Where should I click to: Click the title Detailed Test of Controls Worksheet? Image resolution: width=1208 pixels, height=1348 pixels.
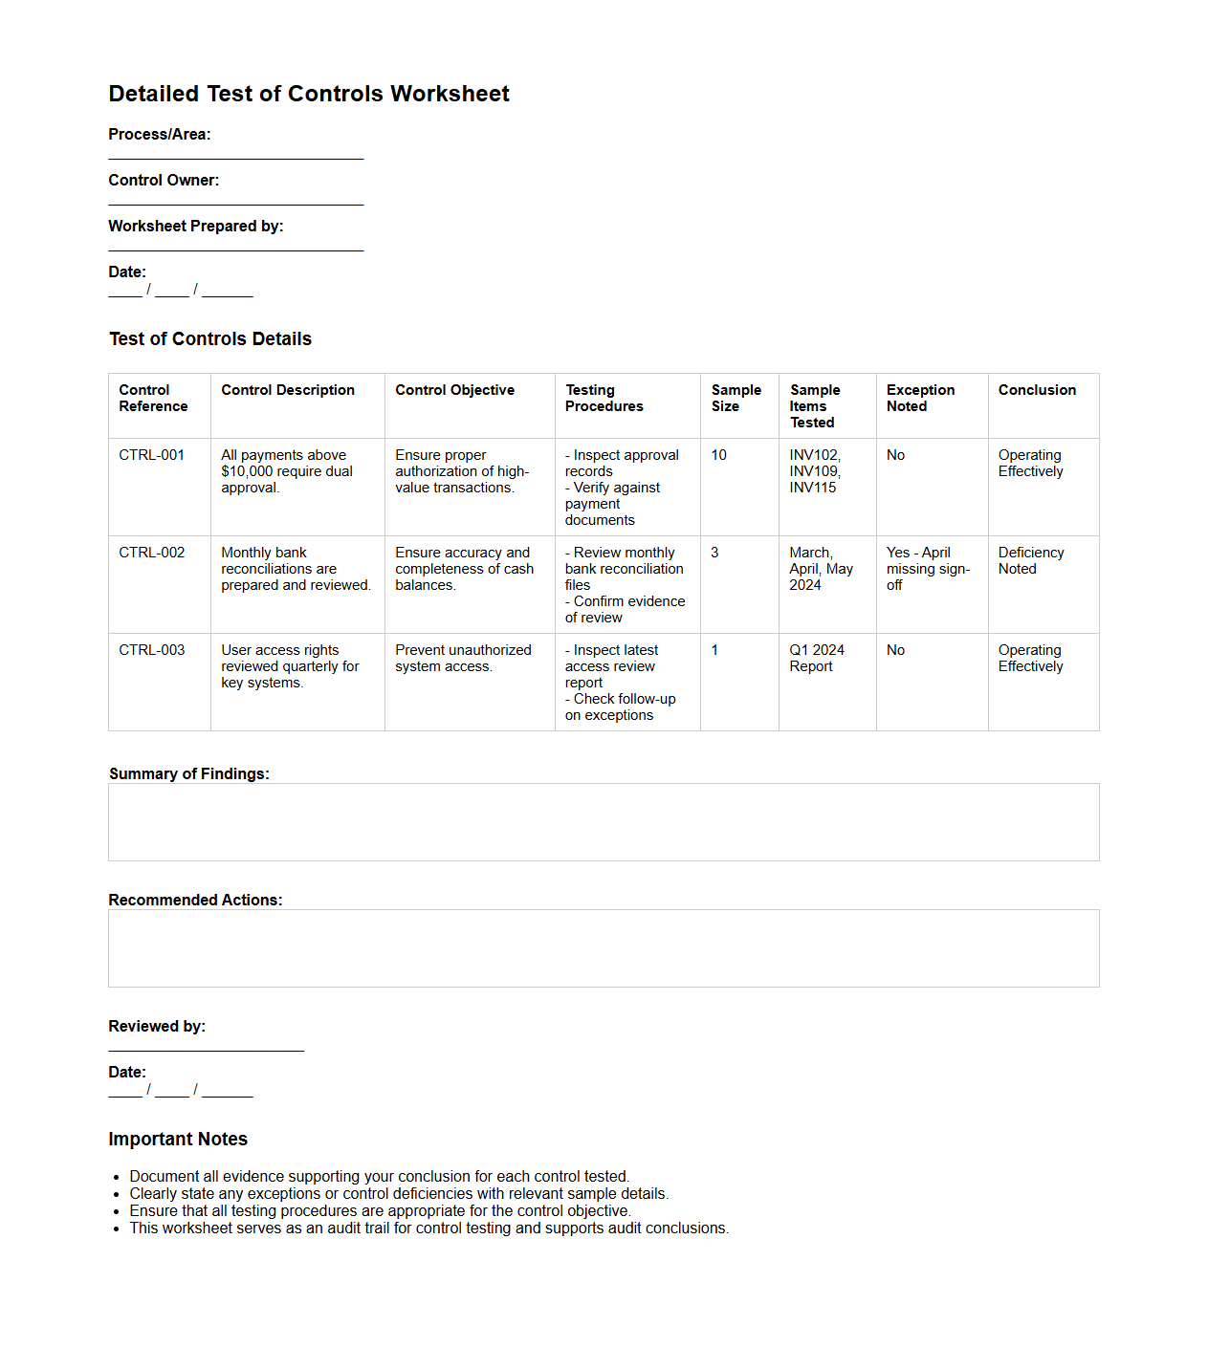[308, 94]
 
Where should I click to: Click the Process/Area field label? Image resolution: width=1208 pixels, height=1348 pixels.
[159, 135]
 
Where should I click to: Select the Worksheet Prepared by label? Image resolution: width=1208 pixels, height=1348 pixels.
[195, 227]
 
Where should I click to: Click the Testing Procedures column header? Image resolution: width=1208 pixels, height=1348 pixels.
[604, 398]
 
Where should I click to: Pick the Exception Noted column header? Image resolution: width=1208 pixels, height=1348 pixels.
[920, 398]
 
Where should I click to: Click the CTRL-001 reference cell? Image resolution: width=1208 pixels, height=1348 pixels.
[151, 455]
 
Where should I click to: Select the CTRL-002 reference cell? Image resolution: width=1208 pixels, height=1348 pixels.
[151, 553]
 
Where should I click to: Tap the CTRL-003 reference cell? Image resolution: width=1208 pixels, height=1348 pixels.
[151, 650]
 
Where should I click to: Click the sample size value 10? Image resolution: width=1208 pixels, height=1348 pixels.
[718, 455]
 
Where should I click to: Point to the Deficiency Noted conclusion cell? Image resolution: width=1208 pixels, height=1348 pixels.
[1030, 560]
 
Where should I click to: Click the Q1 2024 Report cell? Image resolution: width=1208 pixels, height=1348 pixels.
[816, 658]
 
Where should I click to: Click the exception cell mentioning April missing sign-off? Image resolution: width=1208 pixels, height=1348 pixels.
[927, 569]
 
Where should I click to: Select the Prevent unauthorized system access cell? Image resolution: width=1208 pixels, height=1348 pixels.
[463, 658]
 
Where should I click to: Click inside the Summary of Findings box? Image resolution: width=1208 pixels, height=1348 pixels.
[604, 822]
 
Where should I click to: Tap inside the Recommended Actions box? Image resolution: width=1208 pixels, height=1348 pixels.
[604, 948]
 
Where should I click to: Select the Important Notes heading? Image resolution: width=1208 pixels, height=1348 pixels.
[178, 1140]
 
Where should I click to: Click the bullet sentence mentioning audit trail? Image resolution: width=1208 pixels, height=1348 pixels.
[428, 1228]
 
